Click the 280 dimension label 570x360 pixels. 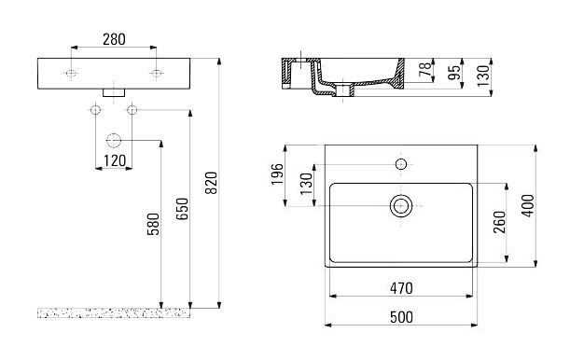[x=114, y=39]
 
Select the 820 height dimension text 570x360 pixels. [x=211, y=183]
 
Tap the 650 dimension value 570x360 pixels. [x=182, y=209]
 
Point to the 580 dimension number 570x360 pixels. [x=153, y=224]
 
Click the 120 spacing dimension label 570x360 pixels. [x=115, y=160]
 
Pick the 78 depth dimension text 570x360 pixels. [x=425, y=69]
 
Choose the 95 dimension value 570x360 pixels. [x=454, y=72]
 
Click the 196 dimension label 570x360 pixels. [x=277, y=174]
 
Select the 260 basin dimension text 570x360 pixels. [x=500, y=222]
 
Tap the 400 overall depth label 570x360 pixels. [x=528, y=205]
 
